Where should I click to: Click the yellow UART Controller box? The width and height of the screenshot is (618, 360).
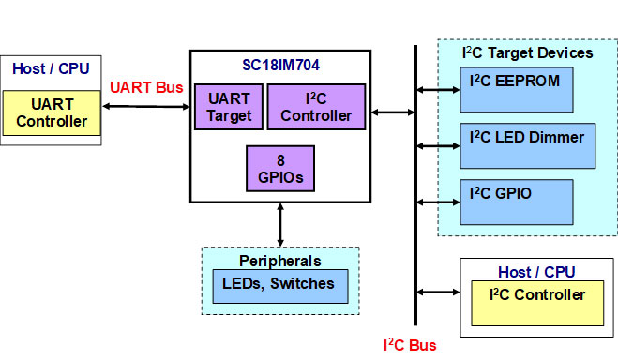[52, 113]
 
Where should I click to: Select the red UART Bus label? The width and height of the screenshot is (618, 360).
[146, 87]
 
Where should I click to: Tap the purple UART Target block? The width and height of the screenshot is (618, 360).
[229, 107]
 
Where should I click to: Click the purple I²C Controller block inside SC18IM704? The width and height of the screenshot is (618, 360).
[316, 107]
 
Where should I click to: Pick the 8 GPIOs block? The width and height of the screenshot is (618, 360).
[280, 169]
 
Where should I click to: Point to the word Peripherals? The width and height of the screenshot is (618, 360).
[280, 261]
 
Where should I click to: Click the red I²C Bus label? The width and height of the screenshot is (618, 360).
[410, 345]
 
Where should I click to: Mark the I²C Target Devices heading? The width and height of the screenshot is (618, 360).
[528, 52]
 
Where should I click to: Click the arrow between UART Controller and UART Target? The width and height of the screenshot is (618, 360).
[145, 106]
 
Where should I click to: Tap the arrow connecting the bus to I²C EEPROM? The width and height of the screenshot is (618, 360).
[438, 90]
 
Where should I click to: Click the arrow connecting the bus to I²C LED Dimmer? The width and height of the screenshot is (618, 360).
[438, 145]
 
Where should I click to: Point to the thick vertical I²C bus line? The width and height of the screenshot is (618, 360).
[415, 187]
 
